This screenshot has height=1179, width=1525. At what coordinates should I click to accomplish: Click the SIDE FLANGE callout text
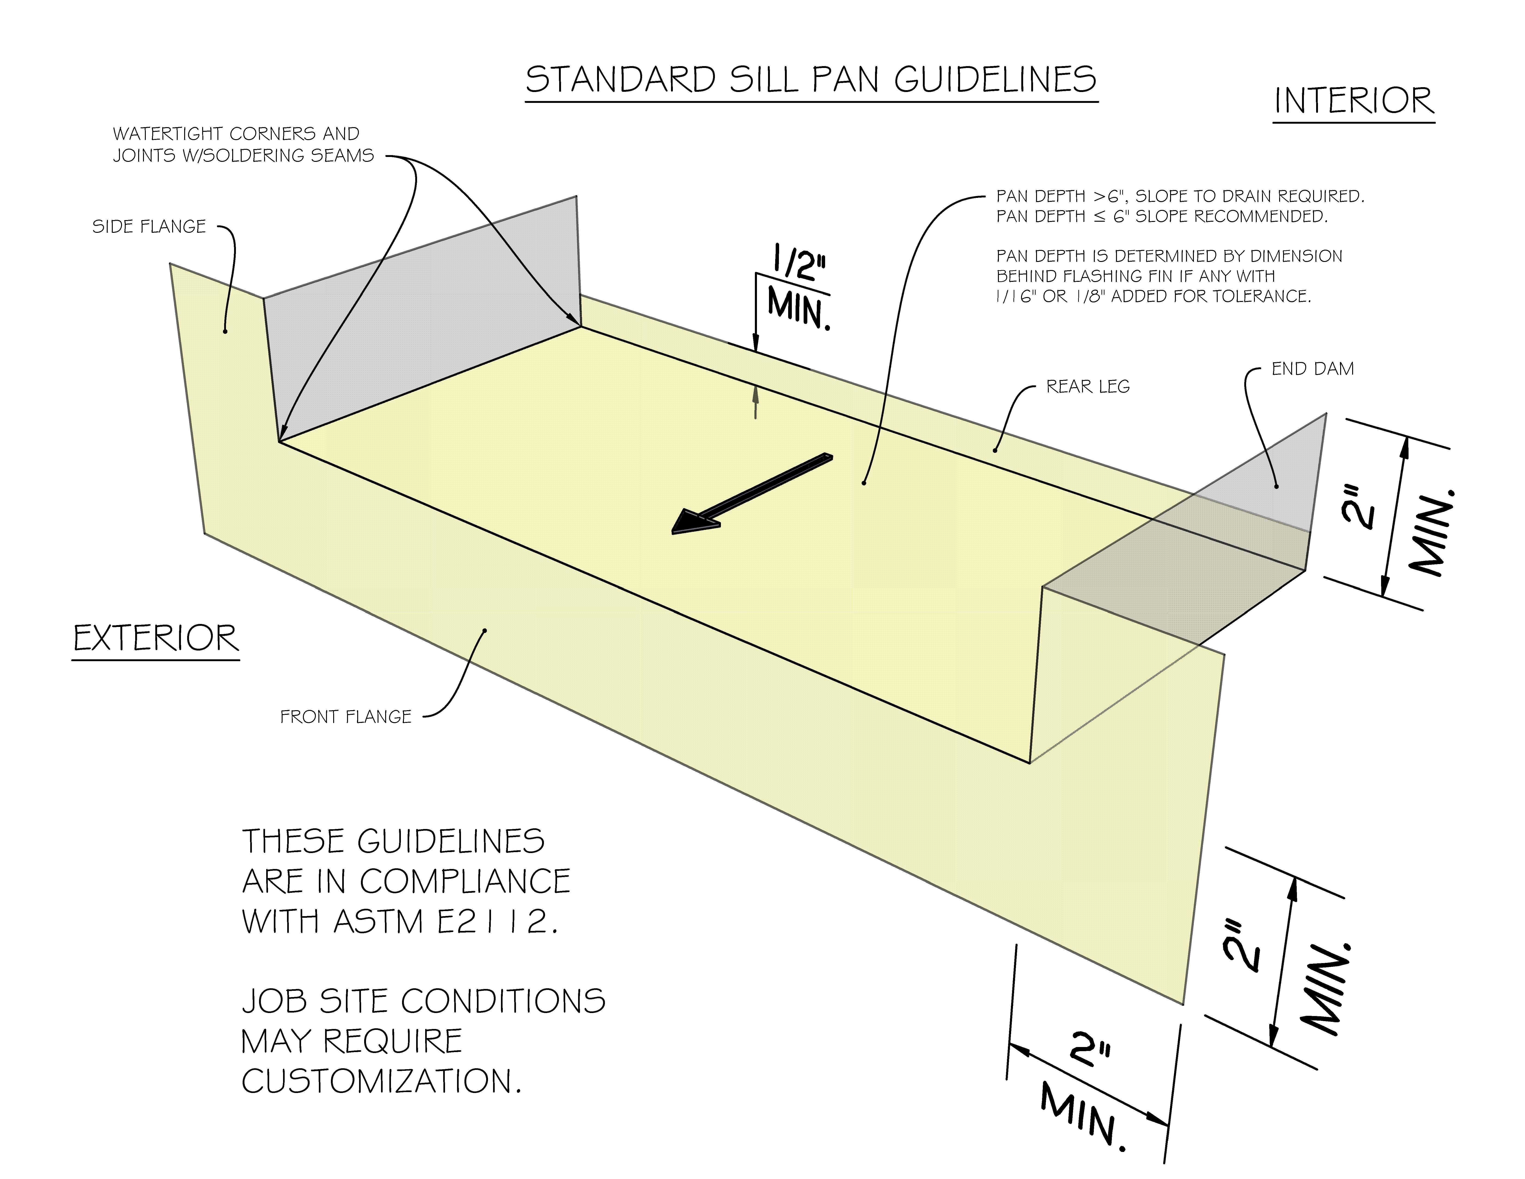pyautogui.click(x=149, y=226)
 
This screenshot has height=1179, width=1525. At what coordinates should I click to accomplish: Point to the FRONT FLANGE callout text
pyautogui.click(x=346, y=717)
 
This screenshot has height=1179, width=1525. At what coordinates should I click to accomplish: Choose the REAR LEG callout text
pyautogui.click(x=1087, y=386)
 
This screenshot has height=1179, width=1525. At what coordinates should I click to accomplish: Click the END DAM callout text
pyautogui.click(x=1312, y=369)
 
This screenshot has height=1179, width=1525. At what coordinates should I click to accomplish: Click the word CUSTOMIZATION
pyautogui.click(x=381, y=1081)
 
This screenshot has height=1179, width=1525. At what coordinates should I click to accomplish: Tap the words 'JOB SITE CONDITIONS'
pyautogui.click(x=423, y=1001)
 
